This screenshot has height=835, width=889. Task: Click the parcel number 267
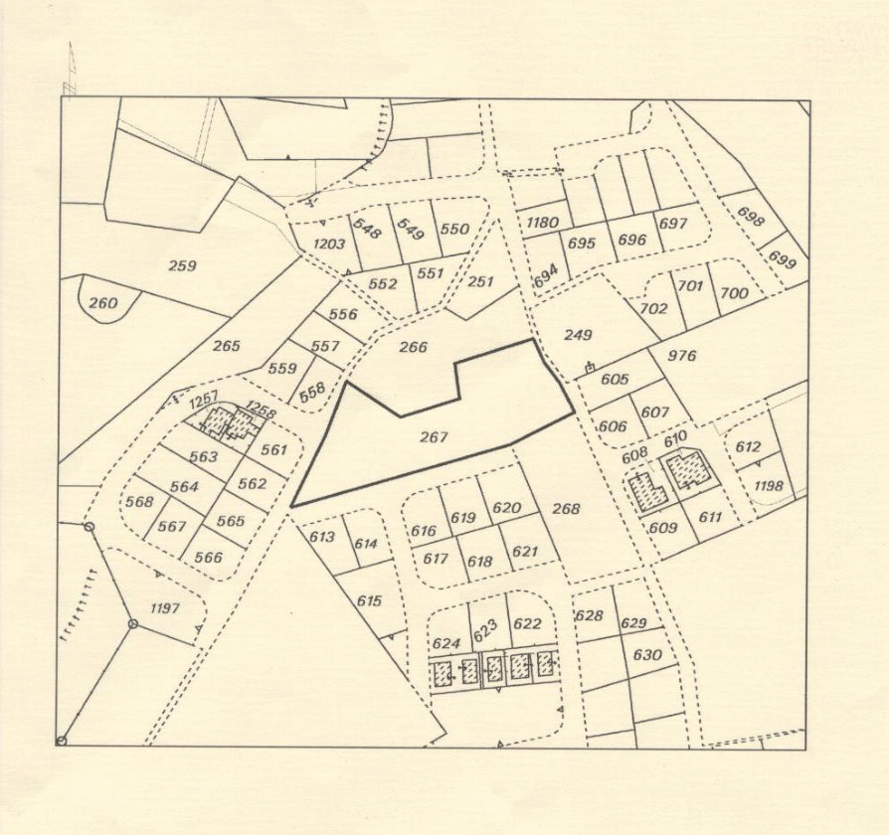pyautogui.click(x=435, y=436)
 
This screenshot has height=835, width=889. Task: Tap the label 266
pyautogui.click(x=413, y=347)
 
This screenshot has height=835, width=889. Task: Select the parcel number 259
pyautogui.click(x=182, y=265)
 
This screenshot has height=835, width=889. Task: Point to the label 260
pyautogui.click(x=102, y=302)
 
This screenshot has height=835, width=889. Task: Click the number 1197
pyautogui.click(x=163, y=607)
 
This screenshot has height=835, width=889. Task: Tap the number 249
pyautogui.click(x=578, y=335)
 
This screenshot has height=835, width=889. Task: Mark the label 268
pyautogui.click(x=565, y=509)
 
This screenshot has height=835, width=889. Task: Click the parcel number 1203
pyautogui.click(x=328, y=244)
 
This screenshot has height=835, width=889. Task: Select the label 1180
pyautogui.click(x=542, y=222)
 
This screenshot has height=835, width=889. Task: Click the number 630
pyautogui.click(x=646, y=655)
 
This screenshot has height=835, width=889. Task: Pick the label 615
pyautogui.click(x=369, y=600)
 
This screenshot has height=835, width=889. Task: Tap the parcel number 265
pyautogui.click(x=227, y=346)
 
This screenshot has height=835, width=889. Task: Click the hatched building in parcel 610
pyautogui.click(x=687, y=468)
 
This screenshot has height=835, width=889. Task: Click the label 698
pyautogui.click(x=751, y=216)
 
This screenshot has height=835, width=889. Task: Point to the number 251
pyautogui.click(x=480, y=281)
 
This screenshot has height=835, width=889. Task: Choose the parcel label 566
pyautogui.click(x=209, y=557)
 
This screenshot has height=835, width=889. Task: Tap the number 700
pyautogui.click(x=734, y=293)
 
